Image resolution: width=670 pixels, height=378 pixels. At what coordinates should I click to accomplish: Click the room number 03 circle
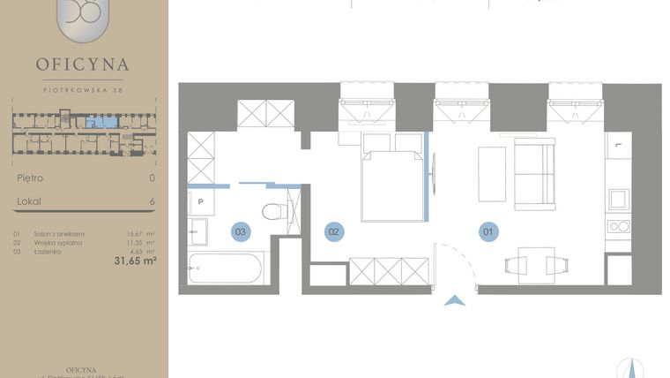point(241,231)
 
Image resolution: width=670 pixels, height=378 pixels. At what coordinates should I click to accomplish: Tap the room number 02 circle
point(333,231)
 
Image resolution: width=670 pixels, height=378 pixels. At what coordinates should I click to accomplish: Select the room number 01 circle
point(488,231)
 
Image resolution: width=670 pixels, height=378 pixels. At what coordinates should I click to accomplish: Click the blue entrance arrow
point(455,300)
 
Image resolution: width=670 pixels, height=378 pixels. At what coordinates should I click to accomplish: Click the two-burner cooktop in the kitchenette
point(620,226)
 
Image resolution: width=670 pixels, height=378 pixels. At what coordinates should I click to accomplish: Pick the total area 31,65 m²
point(135,261)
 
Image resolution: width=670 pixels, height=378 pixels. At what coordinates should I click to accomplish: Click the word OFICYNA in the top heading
point(83,64)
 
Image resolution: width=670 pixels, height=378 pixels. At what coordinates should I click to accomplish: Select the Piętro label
point(30,178)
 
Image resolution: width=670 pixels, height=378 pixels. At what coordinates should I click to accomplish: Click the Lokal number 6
point(153,202)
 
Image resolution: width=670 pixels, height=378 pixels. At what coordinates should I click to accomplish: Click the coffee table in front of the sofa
point(491,173)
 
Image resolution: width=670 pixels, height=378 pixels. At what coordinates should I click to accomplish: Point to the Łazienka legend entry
point(48,251)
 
